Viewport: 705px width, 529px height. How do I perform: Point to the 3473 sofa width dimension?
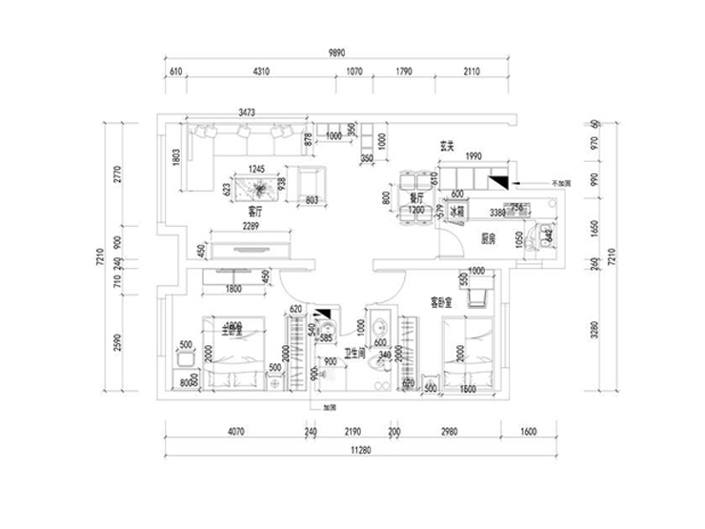pyautogui.click(x=247, y=112)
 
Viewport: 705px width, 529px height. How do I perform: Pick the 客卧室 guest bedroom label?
pyautogui.click(x=440, y=303)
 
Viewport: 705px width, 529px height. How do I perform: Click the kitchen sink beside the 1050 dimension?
pyautogui.click(x=544, y=236)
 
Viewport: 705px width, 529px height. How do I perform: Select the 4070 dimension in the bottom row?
pyautogui.click(x=235, y=432)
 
